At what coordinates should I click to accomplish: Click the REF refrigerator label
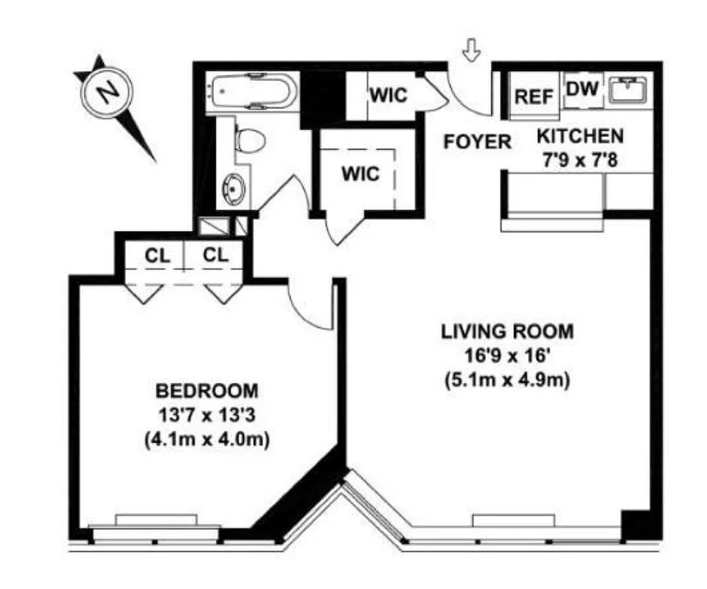coord(534,97)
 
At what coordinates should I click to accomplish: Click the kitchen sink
coord(629,90)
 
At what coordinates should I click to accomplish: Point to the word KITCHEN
coord(579,135)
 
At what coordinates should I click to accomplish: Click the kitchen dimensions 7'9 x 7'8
coord(579,158)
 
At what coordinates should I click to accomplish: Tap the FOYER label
coord(477,141)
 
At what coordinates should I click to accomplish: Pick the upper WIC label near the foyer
coord(388,96)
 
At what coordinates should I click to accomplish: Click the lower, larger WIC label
coord(361,174)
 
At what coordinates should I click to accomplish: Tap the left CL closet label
coord(157,255)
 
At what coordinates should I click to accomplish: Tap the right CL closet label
coord(216,255)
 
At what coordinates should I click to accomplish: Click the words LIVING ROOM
coord(506,331)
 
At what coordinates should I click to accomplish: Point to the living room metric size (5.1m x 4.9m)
coord(506,380)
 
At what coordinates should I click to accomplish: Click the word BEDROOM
coord(206,389)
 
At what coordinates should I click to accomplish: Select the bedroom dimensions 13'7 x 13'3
coord(206,415)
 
